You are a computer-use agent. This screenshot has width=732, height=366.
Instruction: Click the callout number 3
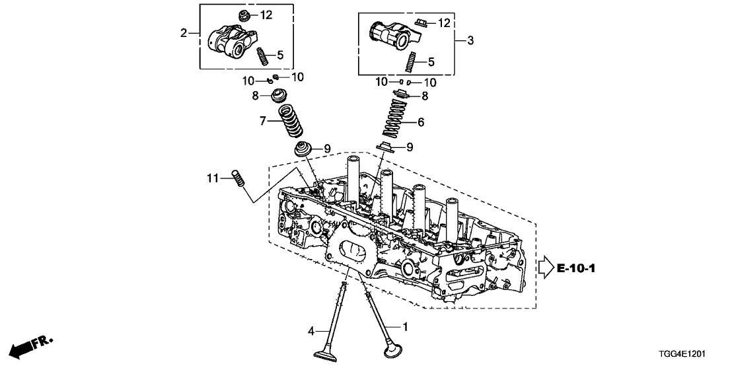point(470,41)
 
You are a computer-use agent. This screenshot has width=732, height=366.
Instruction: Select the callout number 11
point(211,178)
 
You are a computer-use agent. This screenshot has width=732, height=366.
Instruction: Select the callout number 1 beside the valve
point(406,326)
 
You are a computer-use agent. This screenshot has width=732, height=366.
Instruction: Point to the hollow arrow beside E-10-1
point(544,268)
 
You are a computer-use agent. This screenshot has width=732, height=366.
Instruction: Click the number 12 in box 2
point(266,15)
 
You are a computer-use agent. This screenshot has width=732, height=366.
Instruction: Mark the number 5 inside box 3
point(431,63)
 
